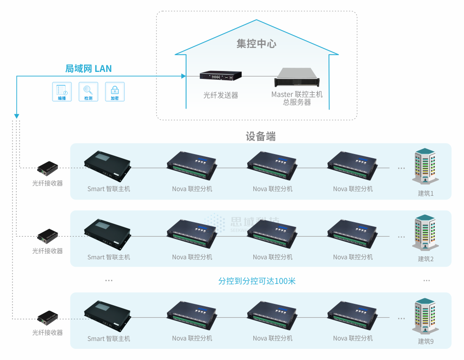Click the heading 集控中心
point(256,44)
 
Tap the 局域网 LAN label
point(88,69)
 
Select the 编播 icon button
point(62,91)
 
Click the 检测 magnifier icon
point(88,91)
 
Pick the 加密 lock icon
point(115,91)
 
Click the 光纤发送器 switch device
point(221,76)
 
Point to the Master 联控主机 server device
point(297,77)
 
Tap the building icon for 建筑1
point(425,166)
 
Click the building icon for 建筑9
point(425,315)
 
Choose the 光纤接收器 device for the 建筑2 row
point(48,236)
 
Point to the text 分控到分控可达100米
point(257,281)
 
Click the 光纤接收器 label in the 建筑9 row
point(47,333)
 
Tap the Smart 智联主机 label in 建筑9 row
point(109,339)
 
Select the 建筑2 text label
point(425,259)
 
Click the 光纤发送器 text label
point(220,95)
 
